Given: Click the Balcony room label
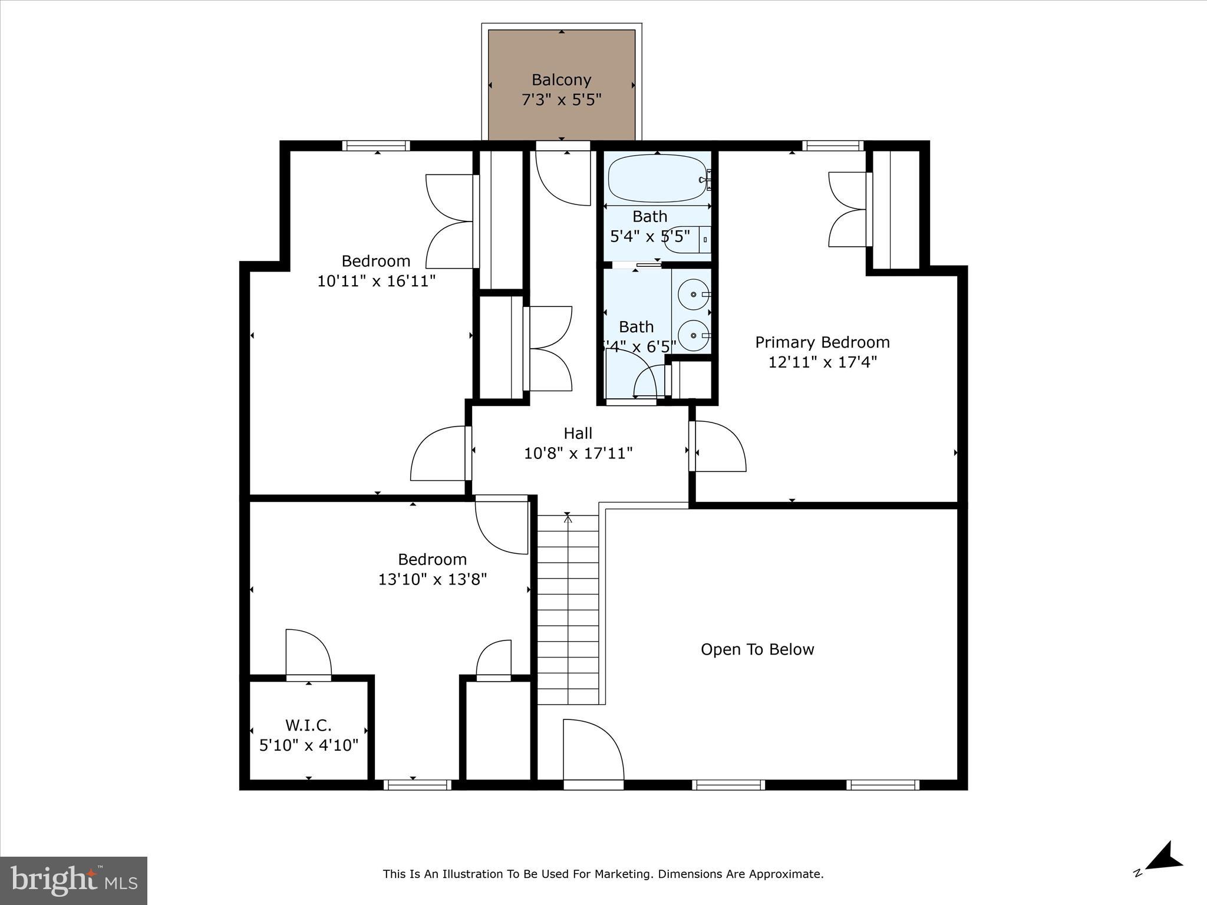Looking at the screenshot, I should pyautogui.click(x=561, y=80).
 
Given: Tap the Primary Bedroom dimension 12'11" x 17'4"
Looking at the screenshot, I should pyautogui.click(x=822, y=362).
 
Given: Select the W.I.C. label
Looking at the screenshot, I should pyautogui.click(x=308, y=725).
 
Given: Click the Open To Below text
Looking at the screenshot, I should pyautogui.click(x=757, y=649).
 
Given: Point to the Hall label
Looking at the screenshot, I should pyautogui.click(x=578, y=434).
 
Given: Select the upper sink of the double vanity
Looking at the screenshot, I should pyautogui.click(x=693, y=293).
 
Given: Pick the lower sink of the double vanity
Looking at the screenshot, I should pyautogui.click(x=693, y=335).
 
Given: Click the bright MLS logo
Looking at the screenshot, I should pyautogui.click(x=74, y=880).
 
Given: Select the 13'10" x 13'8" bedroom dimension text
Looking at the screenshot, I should pyautogui.click(x=432, y=579).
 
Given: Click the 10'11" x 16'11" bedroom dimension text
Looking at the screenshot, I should pyautogui.click(x=376, y=281).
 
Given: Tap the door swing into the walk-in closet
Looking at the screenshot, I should pyautogui.click(x=308, y=653).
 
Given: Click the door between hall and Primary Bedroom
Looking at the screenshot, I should pyautogui.click(x=718, y=446).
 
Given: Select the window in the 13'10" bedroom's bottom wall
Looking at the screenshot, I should pyautogui.click(x=417, y=784).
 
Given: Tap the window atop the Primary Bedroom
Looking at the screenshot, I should pyautogui.click(x=832, y=146).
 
